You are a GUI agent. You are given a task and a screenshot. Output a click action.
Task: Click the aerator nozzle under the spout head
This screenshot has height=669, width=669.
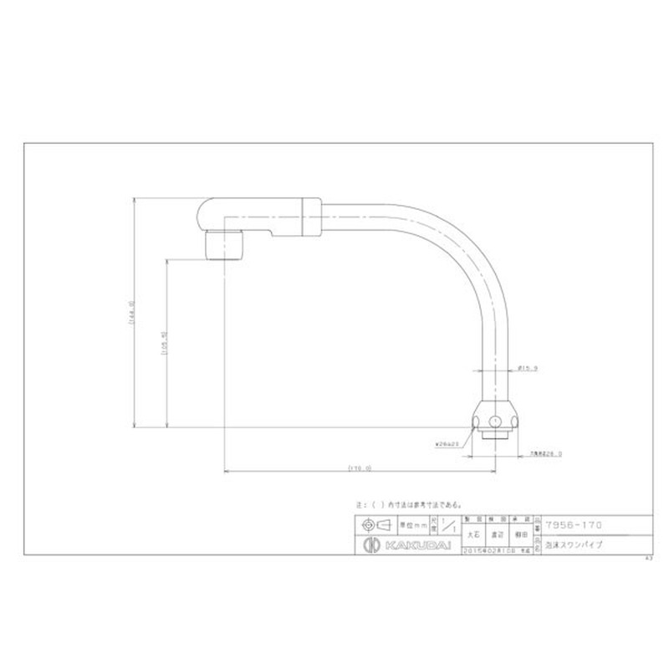(x=223, y=245)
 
